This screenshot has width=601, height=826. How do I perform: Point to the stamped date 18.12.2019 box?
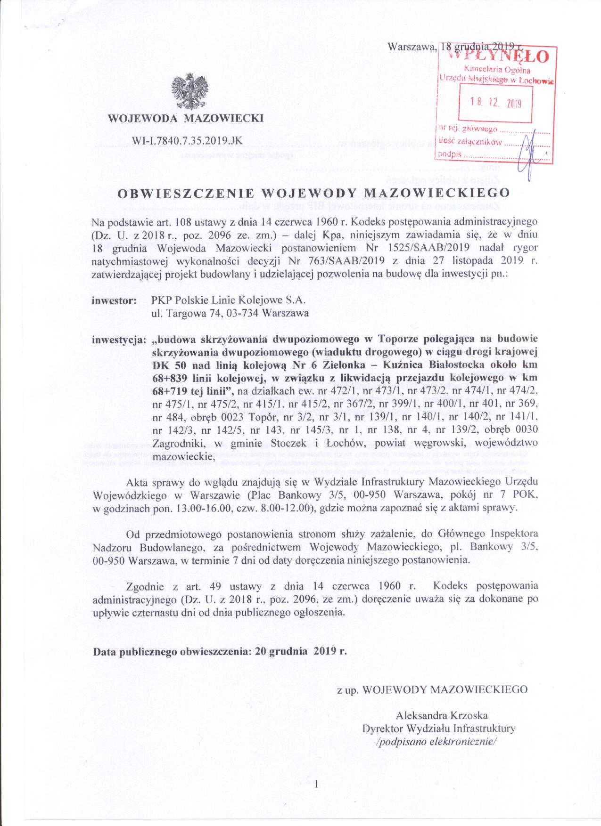pyautogui.click(x=495, y=103)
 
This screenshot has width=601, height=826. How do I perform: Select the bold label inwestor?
pyautogui.click(x=115, y=300)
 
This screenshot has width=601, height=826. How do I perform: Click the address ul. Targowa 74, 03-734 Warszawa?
pyautogui.click(x=230, y=313)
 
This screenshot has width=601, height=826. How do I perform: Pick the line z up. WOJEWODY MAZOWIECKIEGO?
pyautogui.click(x=432, y=689)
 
